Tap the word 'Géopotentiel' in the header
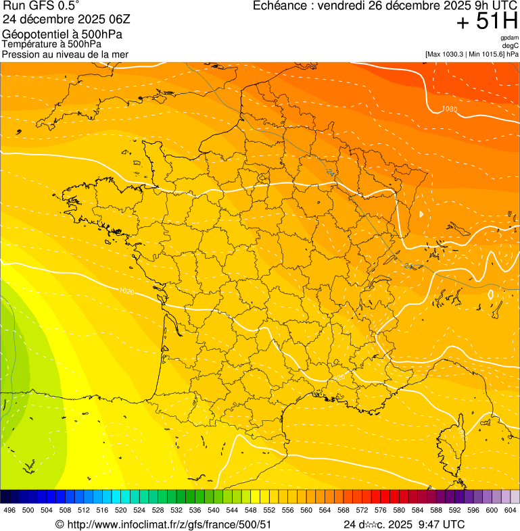31,34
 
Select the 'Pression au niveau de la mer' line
65,54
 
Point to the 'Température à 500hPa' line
51,44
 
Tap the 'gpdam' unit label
509,38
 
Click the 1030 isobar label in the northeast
449,109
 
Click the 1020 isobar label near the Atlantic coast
124,291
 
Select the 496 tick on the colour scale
9,510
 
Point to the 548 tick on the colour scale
251,510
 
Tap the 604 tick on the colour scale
510,510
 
